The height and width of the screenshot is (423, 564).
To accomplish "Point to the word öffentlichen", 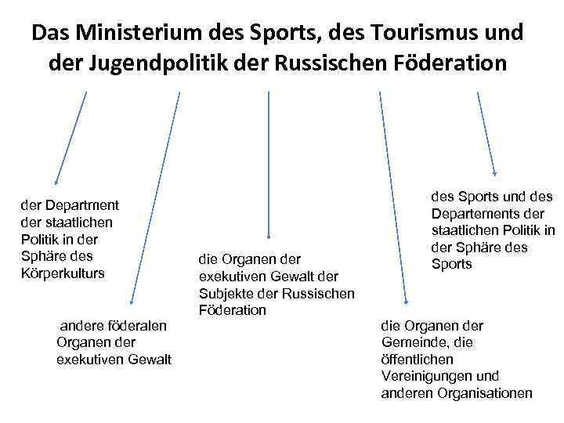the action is [417, 360].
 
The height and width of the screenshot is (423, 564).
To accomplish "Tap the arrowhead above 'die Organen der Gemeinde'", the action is [406, 301].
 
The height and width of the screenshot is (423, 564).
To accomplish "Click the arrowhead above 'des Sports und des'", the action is [494, 173].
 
